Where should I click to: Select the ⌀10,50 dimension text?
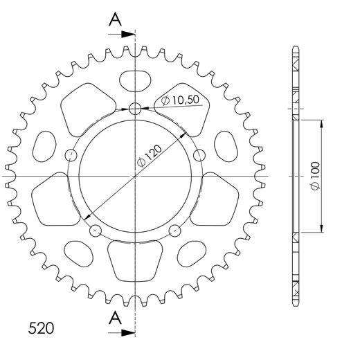point(181,101)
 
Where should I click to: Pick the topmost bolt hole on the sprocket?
point(135,108)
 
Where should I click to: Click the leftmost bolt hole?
point(71,154)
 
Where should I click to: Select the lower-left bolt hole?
point(96,231)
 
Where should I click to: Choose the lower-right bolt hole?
point(174,231)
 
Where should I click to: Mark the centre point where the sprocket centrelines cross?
point(135,177)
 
